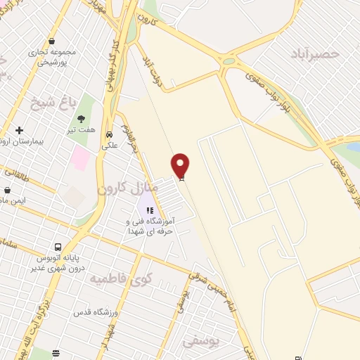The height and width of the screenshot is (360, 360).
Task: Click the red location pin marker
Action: pyautogui.click(x=181, y=165)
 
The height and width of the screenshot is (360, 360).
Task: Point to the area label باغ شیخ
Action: pyautogui.click(x=53, y=105)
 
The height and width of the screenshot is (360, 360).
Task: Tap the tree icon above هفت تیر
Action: pyautogui.click(x=83, y=119)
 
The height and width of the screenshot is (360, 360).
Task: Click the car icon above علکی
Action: pyautogui.click(x=109, y=134)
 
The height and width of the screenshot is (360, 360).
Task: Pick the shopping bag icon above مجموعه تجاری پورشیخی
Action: pyautogui.click(x=52, y=41)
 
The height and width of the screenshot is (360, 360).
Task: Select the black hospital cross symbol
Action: pyautogui.click(x=19, y=130)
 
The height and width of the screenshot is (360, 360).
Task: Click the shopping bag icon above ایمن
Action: pyautogui.click(x=7, y=190)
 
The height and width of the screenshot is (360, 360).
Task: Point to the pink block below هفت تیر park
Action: pyautogui.click(x=81, y=156)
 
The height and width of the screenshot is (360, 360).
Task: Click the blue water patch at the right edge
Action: pyautogui.click(x=353, y=147)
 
